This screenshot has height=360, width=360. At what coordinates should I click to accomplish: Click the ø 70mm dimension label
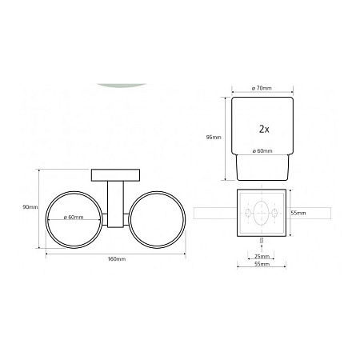pos(262,88)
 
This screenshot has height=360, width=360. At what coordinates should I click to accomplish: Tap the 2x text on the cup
pos(264,130)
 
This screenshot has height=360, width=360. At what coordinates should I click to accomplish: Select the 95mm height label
pos(214,138)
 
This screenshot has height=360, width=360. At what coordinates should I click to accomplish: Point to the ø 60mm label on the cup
pos(262,151)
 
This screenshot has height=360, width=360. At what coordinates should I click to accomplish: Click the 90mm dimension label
pos(30,207)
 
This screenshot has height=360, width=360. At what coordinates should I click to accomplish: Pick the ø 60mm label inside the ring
pos(74,218)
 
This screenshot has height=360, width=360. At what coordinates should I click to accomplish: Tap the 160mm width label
pos(117,259)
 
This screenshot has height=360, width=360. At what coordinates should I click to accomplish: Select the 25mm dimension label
pos(262,257)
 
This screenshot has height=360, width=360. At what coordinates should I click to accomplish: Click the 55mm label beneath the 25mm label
pos(262,264)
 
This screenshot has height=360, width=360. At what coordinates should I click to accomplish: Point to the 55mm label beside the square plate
pos(298,213)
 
